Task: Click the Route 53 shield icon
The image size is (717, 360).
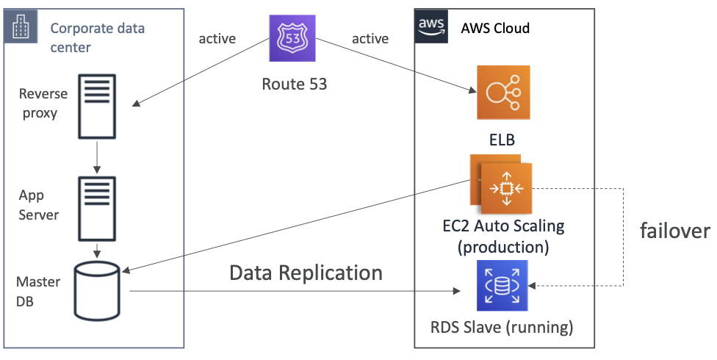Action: tap(292, 38)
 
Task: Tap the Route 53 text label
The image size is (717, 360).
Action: tap(295, 84)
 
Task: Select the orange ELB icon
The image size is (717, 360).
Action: tap(503, 93)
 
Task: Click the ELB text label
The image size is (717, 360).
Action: tap(502, 140)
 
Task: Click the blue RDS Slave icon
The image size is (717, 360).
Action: tap(502, 286)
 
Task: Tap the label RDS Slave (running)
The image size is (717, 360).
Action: tap(502, 328)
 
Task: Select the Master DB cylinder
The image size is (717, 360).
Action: tap(97, 291)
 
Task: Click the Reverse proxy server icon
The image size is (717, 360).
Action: tap(97, 107)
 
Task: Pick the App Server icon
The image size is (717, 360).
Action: tap(97, 209)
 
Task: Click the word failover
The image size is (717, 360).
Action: tap(675, 231)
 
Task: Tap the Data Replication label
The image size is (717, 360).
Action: tap(306, 273)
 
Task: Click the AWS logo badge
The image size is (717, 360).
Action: tap(431, 26)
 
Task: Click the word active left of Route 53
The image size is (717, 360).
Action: tap(217, 39)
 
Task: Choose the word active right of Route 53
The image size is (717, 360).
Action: tap(370, 39)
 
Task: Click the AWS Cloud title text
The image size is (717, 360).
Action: tap(495, 28)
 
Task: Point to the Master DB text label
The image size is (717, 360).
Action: tap(38, 292)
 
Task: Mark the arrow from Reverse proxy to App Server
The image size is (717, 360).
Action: tap(97, 156)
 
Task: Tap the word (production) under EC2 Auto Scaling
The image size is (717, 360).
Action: tap(503, 247)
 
